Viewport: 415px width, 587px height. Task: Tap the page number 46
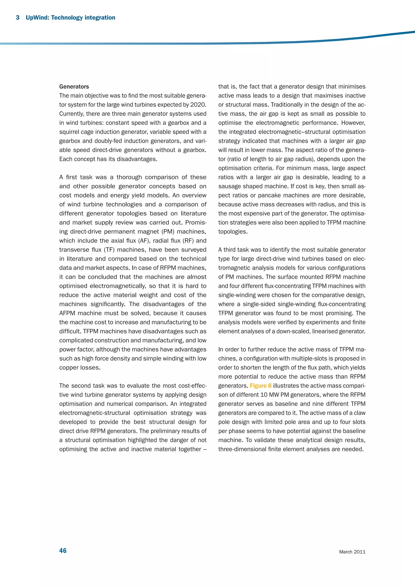(x=63, y=551)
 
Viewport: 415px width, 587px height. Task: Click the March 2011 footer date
(x=352, y=552)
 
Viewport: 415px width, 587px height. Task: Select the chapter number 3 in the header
(x=18, y=18)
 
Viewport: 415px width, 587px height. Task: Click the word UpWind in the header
(x=37, y=18)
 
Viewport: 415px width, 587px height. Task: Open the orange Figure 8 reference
(x=260, y=386)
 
